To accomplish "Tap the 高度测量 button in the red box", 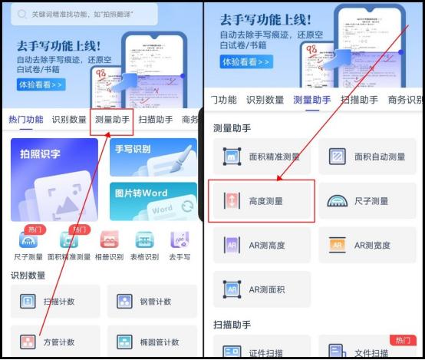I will (261, 201).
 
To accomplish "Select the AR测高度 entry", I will (261, 246).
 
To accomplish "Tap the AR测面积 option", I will (261, 289).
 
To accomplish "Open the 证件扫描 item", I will (261, 352).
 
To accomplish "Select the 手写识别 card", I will (153, 157).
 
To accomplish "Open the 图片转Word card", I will (153, 202).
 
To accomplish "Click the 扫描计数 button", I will (55, 302).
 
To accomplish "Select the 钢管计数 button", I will (152, 302).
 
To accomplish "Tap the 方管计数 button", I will (55, 342).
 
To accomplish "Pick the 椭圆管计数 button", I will (152, 342).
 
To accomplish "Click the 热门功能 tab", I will (25, 120).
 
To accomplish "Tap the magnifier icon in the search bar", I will (19, 15).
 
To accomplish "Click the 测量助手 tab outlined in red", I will (112, 120).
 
